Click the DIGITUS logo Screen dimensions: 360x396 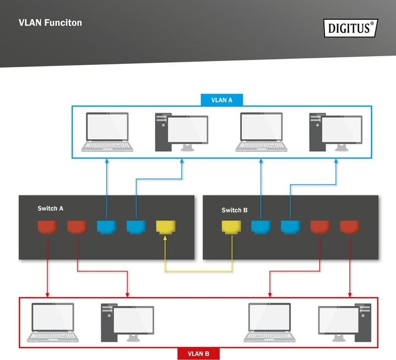click(350, 28)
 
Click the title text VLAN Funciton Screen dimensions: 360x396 click(50, 23)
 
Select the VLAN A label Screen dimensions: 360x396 click(222, 100)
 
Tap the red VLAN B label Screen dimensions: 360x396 click(199, 353)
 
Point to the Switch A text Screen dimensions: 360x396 click(51, 209)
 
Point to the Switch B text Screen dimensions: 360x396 click(235, 210)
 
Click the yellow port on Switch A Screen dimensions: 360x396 click(165, 226)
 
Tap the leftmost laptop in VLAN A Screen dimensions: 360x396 click(107, 132)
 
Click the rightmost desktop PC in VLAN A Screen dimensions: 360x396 click(335, 132)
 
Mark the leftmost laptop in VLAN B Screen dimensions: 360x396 click(53, 322)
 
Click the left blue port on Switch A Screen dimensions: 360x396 click(106, 226)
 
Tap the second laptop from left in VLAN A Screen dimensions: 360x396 click(261, 132)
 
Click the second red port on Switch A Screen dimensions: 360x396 click(76, 226)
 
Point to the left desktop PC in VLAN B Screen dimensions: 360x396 click(127, 322)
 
